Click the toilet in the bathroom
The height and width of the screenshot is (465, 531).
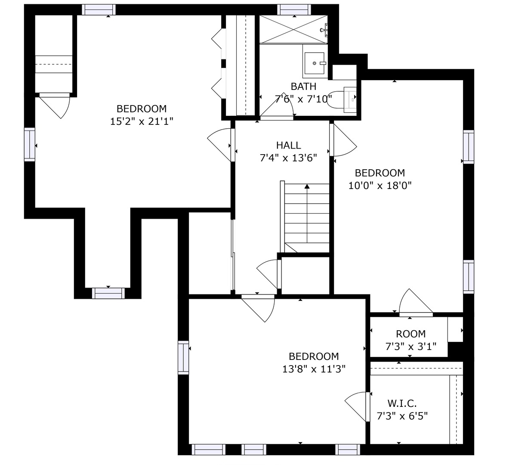342,100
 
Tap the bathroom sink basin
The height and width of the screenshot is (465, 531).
314,63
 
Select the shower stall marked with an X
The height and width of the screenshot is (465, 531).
293,29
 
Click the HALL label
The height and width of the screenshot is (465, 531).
288,145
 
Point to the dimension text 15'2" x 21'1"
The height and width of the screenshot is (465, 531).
142,121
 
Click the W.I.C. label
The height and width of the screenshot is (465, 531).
402,403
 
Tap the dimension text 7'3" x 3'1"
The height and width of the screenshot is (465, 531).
411,346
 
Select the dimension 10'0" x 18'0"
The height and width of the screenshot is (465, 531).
380,186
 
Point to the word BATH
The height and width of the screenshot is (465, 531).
303,86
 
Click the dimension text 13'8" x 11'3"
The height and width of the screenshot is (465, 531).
314,369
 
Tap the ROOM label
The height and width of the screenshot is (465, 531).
411,334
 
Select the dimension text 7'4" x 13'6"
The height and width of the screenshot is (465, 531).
288,158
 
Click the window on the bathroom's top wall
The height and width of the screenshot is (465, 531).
294,10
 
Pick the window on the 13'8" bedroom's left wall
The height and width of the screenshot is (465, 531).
183,357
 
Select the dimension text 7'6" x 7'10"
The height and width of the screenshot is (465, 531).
303,99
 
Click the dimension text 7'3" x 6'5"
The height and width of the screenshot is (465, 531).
402,416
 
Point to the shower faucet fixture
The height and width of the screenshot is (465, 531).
324,30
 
